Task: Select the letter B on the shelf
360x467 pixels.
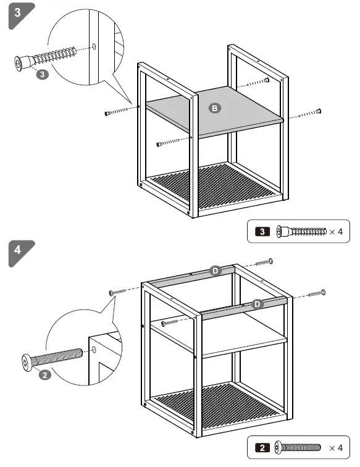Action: pyautogui.click(x=214, y=108)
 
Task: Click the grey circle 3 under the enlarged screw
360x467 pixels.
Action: pyautogui.click(x=42, y=74)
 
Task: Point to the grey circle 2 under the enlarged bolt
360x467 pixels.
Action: pyautogui.click(x=44, y=375)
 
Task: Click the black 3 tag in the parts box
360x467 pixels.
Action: pyautogui.click(x=262, y=232)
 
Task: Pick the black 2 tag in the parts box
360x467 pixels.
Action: pyautogui.click(x=262, y=447)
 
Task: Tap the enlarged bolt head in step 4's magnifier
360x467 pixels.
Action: pyautogui.click(x=27, y=362)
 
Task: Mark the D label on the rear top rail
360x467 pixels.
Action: pyautogui.click(x=215, y=271)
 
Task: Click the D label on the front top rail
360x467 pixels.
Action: pyautogui.click(x=256, y=303)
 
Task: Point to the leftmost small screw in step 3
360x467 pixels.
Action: pyautogui.click(x=108, y=113)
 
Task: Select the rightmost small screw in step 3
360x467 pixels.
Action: pyautogui.click(x=318, y=111)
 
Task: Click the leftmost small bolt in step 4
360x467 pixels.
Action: pyautogui.click(x=112, y=292)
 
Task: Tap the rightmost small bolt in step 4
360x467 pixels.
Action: pyautogui.click(x=322, y=292)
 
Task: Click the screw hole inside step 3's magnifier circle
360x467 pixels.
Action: pyautogui.click(x=93, y=46)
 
